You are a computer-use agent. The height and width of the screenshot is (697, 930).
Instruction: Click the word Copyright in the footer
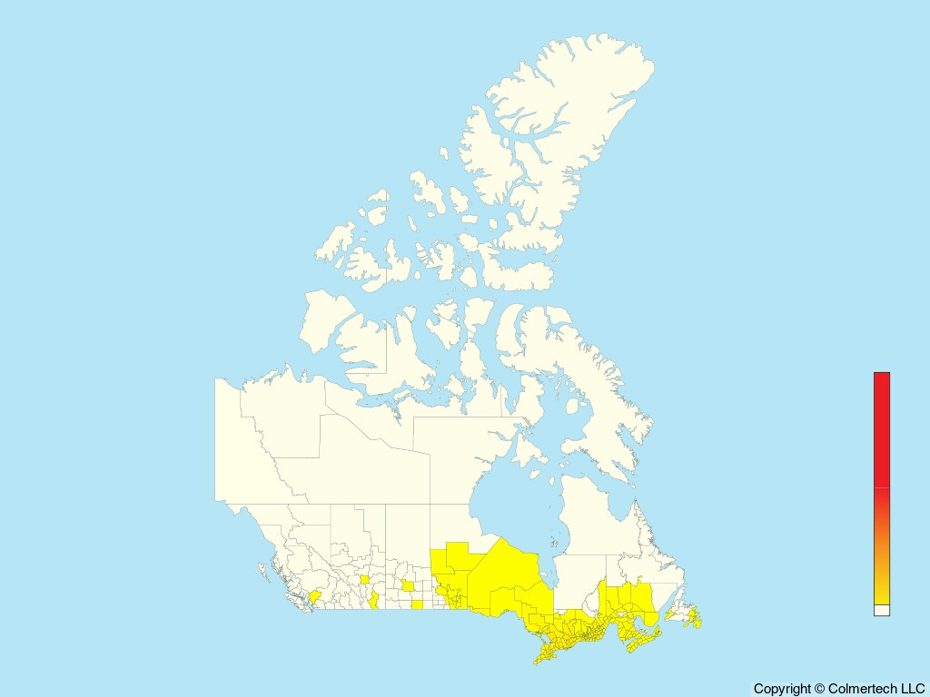click(781, 689)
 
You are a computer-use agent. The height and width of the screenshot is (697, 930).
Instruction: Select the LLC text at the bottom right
click(911, 689)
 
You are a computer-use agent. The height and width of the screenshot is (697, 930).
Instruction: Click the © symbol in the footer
click(819, 689)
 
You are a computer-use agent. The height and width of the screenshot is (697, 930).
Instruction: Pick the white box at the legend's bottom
click(881, 610)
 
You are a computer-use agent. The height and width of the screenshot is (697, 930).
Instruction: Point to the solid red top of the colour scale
click(881, 427)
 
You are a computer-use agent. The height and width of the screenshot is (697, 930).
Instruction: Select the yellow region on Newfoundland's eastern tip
click(696, 619)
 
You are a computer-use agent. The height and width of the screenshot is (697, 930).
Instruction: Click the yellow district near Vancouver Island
click(315, 597)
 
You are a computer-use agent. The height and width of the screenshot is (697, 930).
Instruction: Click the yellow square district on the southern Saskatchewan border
click(417, 604)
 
